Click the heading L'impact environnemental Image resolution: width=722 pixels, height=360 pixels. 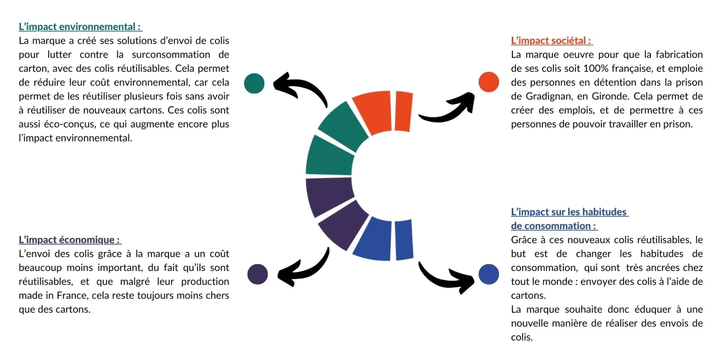point(80,27)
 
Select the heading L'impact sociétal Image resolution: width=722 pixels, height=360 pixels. point(552,40)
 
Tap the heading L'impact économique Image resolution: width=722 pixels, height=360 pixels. point(69,240)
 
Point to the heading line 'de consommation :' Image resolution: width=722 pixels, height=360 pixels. point(554,226)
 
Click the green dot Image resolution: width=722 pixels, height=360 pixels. point(254,83)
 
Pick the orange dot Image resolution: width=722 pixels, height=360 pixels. point(489,82)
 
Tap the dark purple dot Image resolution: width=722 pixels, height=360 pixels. point(258,274)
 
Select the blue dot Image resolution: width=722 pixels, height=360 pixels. point(489,274)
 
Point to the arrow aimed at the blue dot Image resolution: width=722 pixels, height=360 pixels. point(445,277)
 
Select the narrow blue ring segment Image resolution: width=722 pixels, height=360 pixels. point(404,240)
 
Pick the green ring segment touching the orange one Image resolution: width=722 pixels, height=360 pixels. point(343,126)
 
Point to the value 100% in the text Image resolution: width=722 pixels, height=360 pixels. point(596,69)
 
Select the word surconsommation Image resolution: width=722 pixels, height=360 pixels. point(171,55)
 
